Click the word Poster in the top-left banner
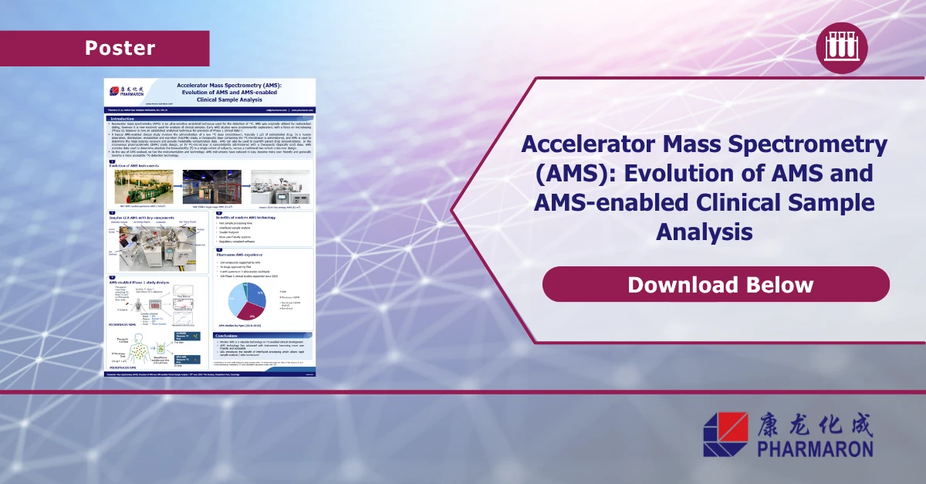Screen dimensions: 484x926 coord(120,48)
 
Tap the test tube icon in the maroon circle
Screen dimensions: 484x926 coord(841,48)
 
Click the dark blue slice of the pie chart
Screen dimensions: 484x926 coord(259,295)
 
